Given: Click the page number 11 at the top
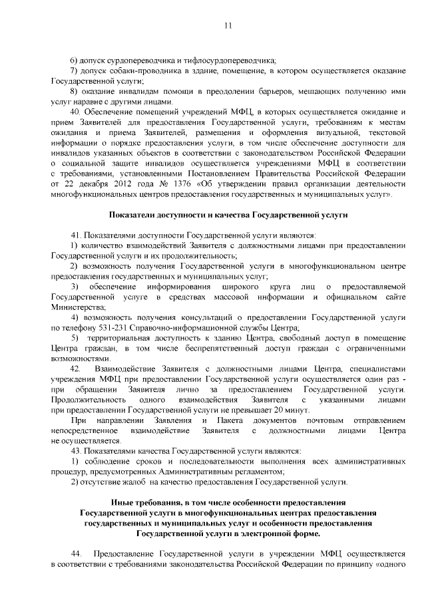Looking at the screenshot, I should (x=228, y=26).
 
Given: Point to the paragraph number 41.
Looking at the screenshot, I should (x=75, y=235).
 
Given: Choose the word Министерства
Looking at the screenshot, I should (x=78, y=308).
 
